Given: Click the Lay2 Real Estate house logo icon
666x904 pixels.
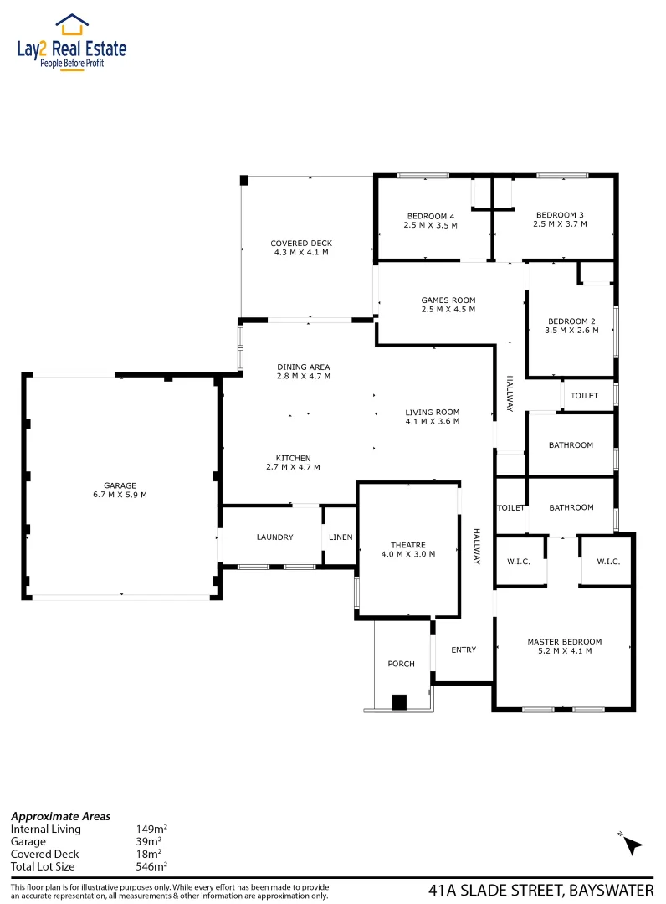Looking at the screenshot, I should [x=72, y=23].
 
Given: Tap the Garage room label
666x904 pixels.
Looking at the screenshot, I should [x=120, y=485].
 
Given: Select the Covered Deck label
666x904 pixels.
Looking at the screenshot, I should [x=300, y=244].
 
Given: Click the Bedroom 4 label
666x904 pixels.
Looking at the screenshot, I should [x=431, y=216].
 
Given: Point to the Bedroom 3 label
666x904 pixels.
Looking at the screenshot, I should [x=561, y=214].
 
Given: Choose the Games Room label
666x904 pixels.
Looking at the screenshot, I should [x=448, y=300].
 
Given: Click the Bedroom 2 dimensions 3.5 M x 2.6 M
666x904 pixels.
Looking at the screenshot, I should [x=571, y=331].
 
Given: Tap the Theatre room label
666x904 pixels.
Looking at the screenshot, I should [x=408, y=544].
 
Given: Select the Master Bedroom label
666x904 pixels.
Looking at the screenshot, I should [x=564, y=642].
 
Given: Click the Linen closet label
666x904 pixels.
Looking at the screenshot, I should [x=341, y=537].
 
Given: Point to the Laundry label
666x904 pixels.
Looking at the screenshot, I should [x=274, y=537].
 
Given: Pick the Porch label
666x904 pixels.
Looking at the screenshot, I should [x=401, y=664].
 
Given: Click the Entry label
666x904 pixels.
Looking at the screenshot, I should [x=463, y=650].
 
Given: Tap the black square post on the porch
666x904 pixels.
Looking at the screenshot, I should [x=399, y=702].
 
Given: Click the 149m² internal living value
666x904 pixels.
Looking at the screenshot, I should [x=150, y=829].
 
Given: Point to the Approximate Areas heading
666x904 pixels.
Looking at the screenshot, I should [x=60, y=816].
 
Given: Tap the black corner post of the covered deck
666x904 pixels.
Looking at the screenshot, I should [x=243, y=180].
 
